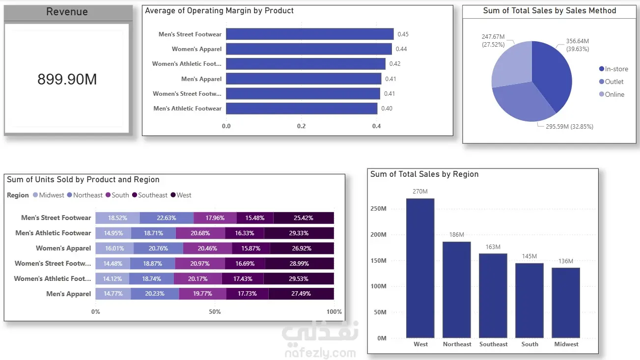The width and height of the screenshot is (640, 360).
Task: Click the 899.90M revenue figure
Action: point(67,79)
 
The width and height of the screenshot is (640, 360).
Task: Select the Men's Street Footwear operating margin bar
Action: point(310,34)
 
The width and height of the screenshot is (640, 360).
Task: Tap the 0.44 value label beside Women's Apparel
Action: point(401,49)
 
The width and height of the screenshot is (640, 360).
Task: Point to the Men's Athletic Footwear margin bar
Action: point(302,108)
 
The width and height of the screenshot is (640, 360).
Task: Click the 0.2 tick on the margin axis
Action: point(301,126)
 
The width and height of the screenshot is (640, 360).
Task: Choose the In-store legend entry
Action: point(613,69)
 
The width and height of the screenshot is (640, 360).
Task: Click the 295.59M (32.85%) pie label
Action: point(569,127)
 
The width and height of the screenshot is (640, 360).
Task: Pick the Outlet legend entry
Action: point(611,82)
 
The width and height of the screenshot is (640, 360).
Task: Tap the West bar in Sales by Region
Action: point(420,268)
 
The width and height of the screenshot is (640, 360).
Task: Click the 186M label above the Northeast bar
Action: point(457,235)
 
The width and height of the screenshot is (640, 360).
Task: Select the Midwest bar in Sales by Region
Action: point(566,303)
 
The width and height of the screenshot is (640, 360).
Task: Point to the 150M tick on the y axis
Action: point(378,261)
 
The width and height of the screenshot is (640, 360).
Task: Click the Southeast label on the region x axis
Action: point(494,344)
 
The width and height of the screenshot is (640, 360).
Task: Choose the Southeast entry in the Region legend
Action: point(150,195)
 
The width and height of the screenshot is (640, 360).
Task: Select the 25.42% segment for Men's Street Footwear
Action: point(304,218)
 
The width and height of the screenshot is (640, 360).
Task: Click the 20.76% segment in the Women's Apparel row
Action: point(158,249)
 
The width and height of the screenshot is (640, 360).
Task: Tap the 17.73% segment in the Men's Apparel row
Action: point(247,294)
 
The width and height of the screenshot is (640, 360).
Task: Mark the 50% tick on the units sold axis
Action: point(215,312)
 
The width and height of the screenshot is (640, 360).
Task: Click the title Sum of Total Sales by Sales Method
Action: point(550,11)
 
